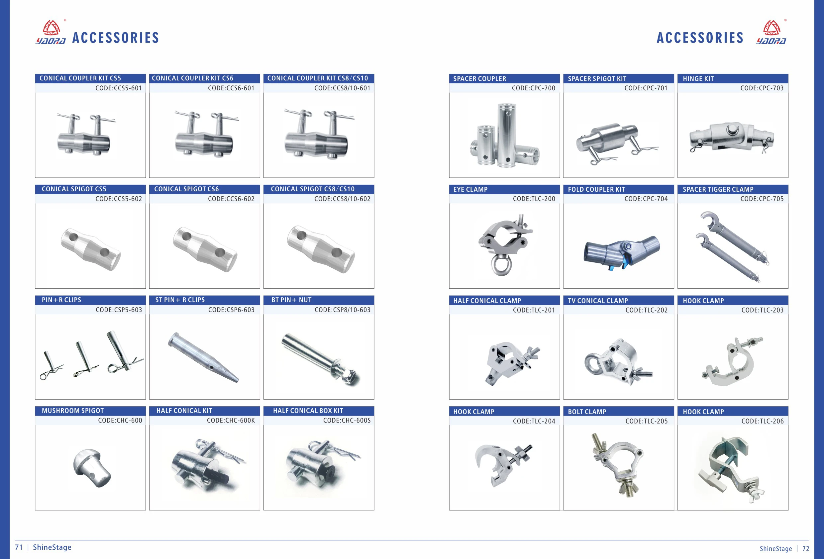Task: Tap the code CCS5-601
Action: coord(118,88)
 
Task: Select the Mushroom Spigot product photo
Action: coord(92,468)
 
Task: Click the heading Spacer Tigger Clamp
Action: coord(718,189)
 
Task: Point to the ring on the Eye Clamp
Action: coord(501,266)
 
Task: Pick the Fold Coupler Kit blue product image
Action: coord(622,252)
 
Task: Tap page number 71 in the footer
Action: coord(19,547)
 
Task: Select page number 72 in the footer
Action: coord(806,549)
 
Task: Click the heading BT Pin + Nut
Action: coord(291,300)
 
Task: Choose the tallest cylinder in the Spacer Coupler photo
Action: coord(507,135)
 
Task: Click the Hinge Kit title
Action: coord(698,79)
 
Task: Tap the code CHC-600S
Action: coord(347,421)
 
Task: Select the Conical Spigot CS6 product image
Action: coord(205,249)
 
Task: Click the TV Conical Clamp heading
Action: coord(597,301)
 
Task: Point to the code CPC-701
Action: coord(646,88)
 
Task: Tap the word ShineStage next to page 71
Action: coord(52,547)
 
